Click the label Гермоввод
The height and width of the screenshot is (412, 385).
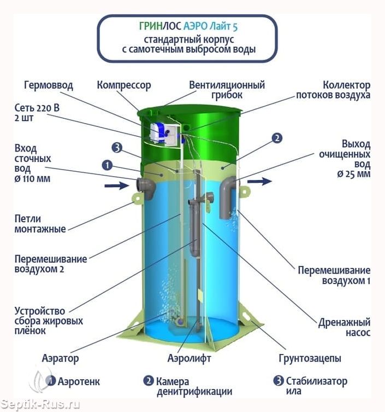(x=48, y=85)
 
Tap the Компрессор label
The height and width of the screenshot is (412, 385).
(x=124, y=85)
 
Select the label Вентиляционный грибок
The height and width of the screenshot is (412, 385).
(x=227, y=90)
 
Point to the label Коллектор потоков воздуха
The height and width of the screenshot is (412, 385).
(x=333, y=90)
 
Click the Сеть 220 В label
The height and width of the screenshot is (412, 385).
(x=37, y=108)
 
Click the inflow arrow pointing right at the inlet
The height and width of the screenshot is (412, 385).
(x=116, y=186)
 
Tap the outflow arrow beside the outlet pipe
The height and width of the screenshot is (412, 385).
(x=259, y=181)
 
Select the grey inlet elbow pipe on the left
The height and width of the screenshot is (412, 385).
(x=146, y=188)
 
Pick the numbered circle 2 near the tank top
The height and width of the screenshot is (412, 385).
(x=277, y=138)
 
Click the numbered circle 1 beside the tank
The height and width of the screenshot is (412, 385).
(x=107, y=166)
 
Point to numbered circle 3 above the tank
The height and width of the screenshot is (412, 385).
(x=117, y=148)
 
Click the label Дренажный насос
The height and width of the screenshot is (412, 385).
(x=345, y=327)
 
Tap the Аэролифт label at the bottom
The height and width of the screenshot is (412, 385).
(x=189, y=358)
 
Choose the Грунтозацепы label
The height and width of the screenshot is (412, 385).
(x=310, y=358)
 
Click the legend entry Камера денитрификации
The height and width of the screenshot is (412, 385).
(x=188, y=386)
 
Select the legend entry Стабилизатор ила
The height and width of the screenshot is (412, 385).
(x=310, y=386)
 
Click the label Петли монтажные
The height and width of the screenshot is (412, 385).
(x=40, y=224)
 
